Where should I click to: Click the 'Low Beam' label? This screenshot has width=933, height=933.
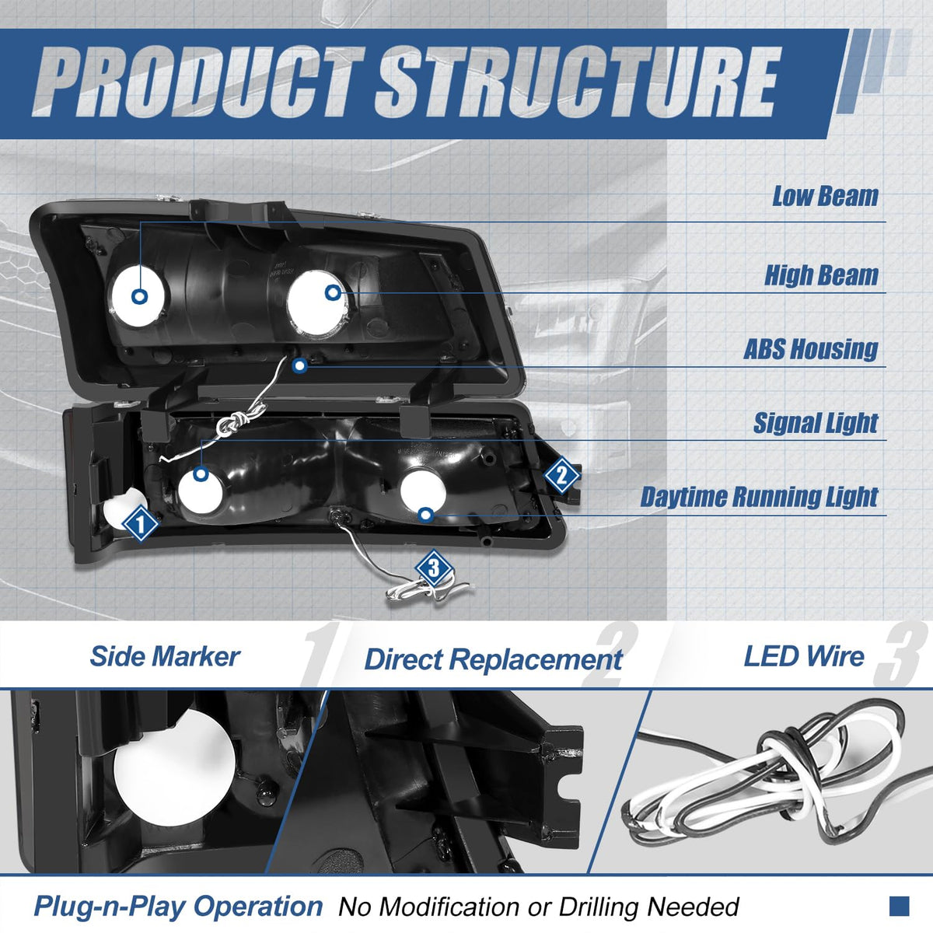click(x=824, y=197)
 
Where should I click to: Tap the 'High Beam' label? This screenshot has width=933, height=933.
click(x=821, y=275)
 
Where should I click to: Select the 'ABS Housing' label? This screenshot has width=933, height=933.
click(x=810, y=349)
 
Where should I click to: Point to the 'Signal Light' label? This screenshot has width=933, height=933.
click(x=816, y=423)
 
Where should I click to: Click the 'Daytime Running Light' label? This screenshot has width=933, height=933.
click(x=759, y=497)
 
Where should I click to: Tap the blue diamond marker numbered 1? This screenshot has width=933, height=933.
click(x=140, y=523)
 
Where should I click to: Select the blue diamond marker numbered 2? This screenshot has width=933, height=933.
click(x=561, y=474)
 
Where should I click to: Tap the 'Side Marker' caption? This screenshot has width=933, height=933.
click(x=164, y=656)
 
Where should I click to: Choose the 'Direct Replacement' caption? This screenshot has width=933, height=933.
click(x=493, y=659)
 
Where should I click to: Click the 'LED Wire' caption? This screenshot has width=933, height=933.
click(x=803, y=656)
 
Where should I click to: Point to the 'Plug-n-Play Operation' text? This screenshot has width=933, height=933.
click(x=177, y=907)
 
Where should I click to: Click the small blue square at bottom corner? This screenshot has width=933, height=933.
click(x=899, y=905)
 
